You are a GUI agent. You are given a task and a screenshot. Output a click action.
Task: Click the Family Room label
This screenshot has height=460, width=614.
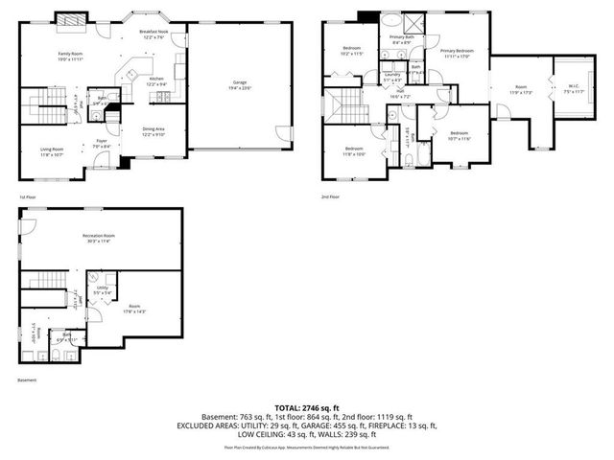click(71, 54)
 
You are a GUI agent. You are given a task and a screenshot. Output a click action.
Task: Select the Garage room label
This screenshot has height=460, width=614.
click(240, 84)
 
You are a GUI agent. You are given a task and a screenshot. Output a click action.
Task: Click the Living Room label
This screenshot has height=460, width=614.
click(51, 149)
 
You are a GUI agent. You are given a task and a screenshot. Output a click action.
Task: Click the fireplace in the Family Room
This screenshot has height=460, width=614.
click(70, 18)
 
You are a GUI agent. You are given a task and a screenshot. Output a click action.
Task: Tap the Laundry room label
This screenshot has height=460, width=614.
click(391, 74)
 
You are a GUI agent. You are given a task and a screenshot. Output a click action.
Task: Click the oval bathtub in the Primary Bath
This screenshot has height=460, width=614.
click(392, 20)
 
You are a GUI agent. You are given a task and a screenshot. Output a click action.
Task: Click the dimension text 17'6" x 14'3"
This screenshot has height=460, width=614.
click(134, 311)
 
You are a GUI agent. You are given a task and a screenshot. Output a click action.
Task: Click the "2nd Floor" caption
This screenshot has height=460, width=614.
click(331, 196)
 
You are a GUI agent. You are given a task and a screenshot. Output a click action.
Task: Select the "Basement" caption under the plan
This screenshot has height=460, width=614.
click(28, 380)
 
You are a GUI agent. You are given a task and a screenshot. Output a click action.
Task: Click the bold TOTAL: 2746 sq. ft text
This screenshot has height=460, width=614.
click(306, 408)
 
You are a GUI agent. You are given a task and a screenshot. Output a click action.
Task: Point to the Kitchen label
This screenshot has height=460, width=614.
click(156, 79)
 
